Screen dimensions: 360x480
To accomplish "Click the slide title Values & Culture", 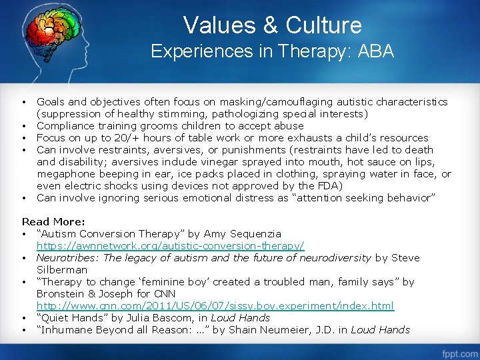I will [x=272, y=25].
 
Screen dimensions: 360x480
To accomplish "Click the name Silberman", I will [x=62, y=270].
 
